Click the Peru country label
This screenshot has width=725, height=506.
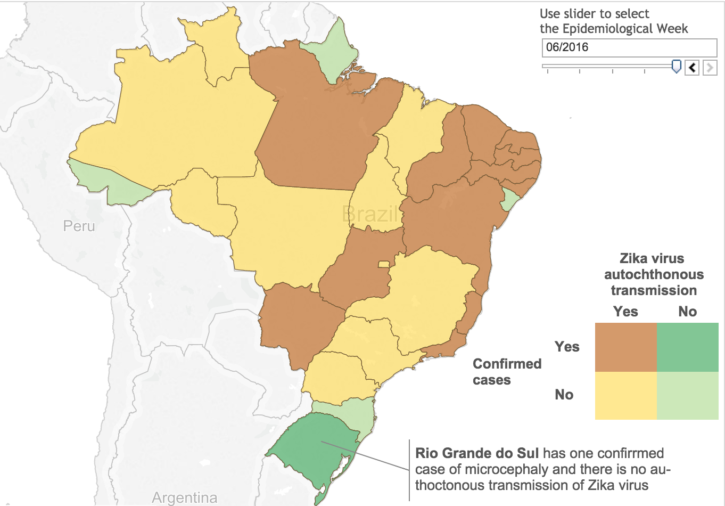pyautogui.click(x=79, y=226)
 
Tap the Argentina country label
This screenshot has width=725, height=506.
pyautogui.click(x=184, y=497)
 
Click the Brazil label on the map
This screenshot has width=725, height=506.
pyautogui.click(x=370, y=214)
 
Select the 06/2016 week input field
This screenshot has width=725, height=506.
pyautogui.click(x=629, y=47)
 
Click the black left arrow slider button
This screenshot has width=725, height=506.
pyautogui.click(x=692, y=68)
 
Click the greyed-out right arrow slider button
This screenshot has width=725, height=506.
pyautogui.click(x=710, y=68)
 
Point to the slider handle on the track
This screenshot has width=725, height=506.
pyautogui.click(x=676, y=66)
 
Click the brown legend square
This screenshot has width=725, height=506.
pyautogui.click(x=625, y=347)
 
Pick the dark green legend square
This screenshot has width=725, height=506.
pyautogui.click(x=687, y=347)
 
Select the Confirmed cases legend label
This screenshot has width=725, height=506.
pyautogui.click(x=507, y=372)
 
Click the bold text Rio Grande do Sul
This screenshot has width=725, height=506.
pyautogui.click(x=477, y=453)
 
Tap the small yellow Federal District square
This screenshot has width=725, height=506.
pyautogui.click(x=383, y=264)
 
